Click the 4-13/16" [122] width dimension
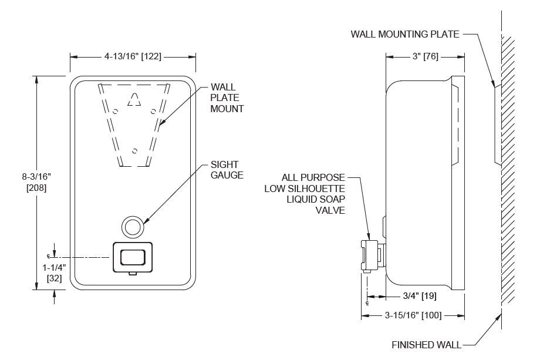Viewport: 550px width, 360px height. point(133,56)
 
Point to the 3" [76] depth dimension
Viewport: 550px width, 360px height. point(425,56)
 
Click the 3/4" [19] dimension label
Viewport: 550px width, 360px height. point(419,297)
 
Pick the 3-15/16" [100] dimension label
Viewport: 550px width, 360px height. point(413,316)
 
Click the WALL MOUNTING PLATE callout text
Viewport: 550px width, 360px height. point(405,33)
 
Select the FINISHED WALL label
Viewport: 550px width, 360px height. point(426,345)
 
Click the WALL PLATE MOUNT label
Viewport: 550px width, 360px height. point(227,98)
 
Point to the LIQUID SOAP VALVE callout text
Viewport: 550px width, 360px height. point(313,193)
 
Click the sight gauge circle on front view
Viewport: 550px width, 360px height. point(132,226)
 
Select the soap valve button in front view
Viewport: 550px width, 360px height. point(132,257)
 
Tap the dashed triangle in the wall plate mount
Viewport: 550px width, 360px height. point(134,99)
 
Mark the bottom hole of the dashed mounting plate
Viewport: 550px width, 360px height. point(134,150)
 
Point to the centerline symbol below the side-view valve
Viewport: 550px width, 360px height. point(367,303)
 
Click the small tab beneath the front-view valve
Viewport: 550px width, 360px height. point(133,272)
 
